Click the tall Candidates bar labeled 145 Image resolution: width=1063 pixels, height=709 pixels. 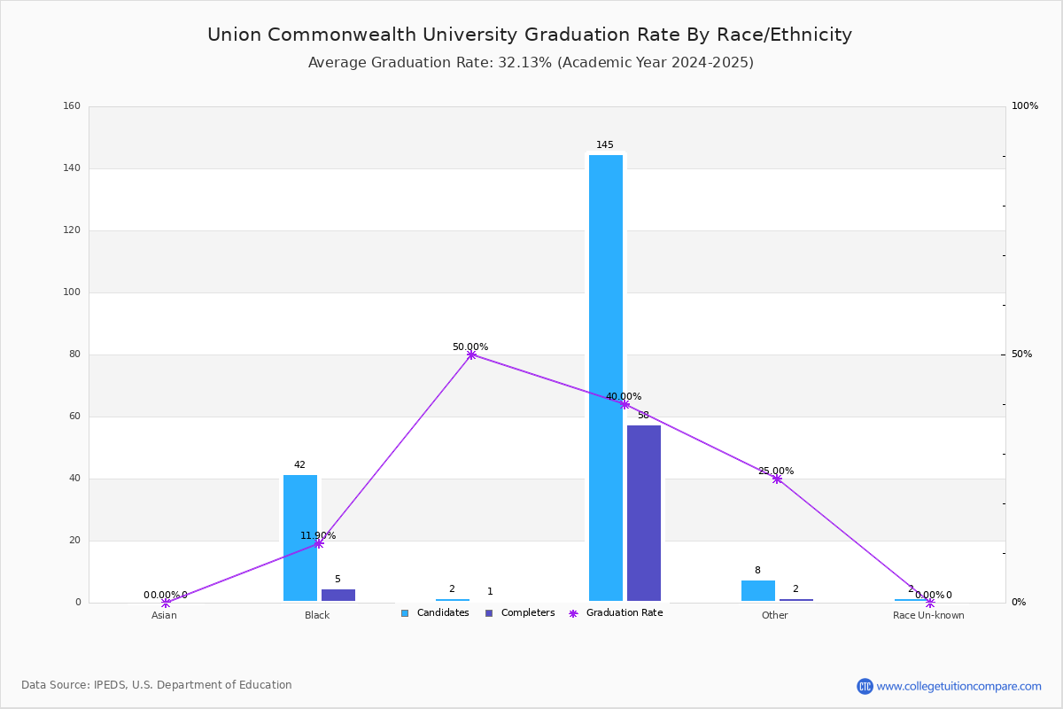pyautogui.click(x=606, y=378)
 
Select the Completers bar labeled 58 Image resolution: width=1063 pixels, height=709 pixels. pyautogui.click(x=643, y=513)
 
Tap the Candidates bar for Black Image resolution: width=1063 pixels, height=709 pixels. pyautogui.click(x=300, y=538)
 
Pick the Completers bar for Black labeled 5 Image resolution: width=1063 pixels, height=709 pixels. pyautogui.click(x=338, y=595)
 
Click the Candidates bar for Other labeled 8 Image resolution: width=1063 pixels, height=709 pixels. pyautogui.click(x=758, y=591)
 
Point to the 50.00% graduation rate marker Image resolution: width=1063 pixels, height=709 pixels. pyautogui.click(x=471, y=354)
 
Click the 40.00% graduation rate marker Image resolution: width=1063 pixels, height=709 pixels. pyautogui.click(x=625, y=405)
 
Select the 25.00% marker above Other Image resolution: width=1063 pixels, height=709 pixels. pyautogui.click(x=777, y=479)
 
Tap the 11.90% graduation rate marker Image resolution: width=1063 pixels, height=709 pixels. pyautogui.click(x=319, y=544)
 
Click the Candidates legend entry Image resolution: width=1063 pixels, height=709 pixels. pyautogui.click(x=435, y=613)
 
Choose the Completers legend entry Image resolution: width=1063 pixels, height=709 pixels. pyautogui.click(x=520, y=613)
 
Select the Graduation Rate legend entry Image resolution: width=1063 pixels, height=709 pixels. pyautogui.click(x=616, y=613)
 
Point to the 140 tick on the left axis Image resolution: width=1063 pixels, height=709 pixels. pyautogui.click(x=72, y=168)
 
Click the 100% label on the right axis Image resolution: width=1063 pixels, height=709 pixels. pyautogui.click(x=1025, y=105)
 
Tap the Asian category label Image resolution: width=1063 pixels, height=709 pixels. pyautogui.click(x=164, y=615)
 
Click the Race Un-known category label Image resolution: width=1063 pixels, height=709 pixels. pyautogui.click(x=928, y=615)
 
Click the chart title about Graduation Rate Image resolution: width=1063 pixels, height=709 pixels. pyautogui.click(x=530, y=35)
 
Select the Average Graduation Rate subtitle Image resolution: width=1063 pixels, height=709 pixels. pyautogui.click(x=531, y=63)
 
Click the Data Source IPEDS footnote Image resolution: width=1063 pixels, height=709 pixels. pyautogui.click(x=157, y=685)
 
